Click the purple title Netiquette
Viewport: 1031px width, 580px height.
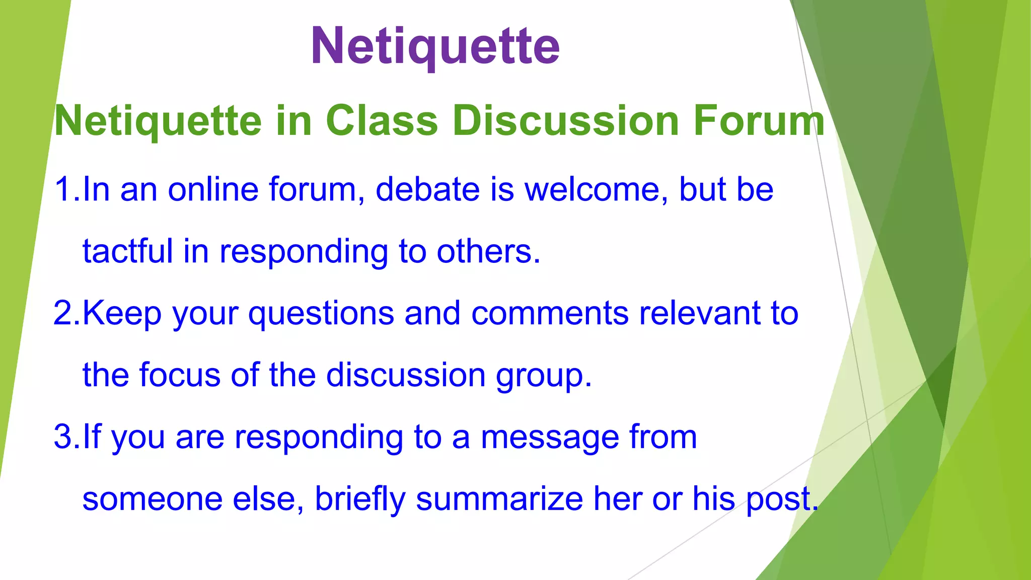[x=435, y=46]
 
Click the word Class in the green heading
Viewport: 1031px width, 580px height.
[x=382, y=121]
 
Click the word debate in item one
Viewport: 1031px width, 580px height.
[x=427, y=189]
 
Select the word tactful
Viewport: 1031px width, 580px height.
[x=127, y=251]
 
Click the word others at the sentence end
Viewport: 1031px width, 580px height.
[x=484, y=251]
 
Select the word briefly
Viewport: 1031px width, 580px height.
[x=360, y=499]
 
